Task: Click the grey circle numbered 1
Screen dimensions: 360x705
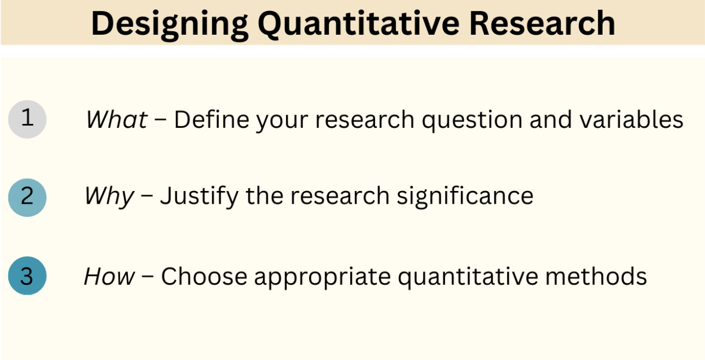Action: (27, 119)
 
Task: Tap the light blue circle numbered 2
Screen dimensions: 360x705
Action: (27, 197)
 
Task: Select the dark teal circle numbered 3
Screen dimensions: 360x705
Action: (27, 275)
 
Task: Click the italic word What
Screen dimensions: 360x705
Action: (116, 120)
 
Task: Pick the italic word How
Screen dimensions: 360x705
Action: (109, 276)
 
